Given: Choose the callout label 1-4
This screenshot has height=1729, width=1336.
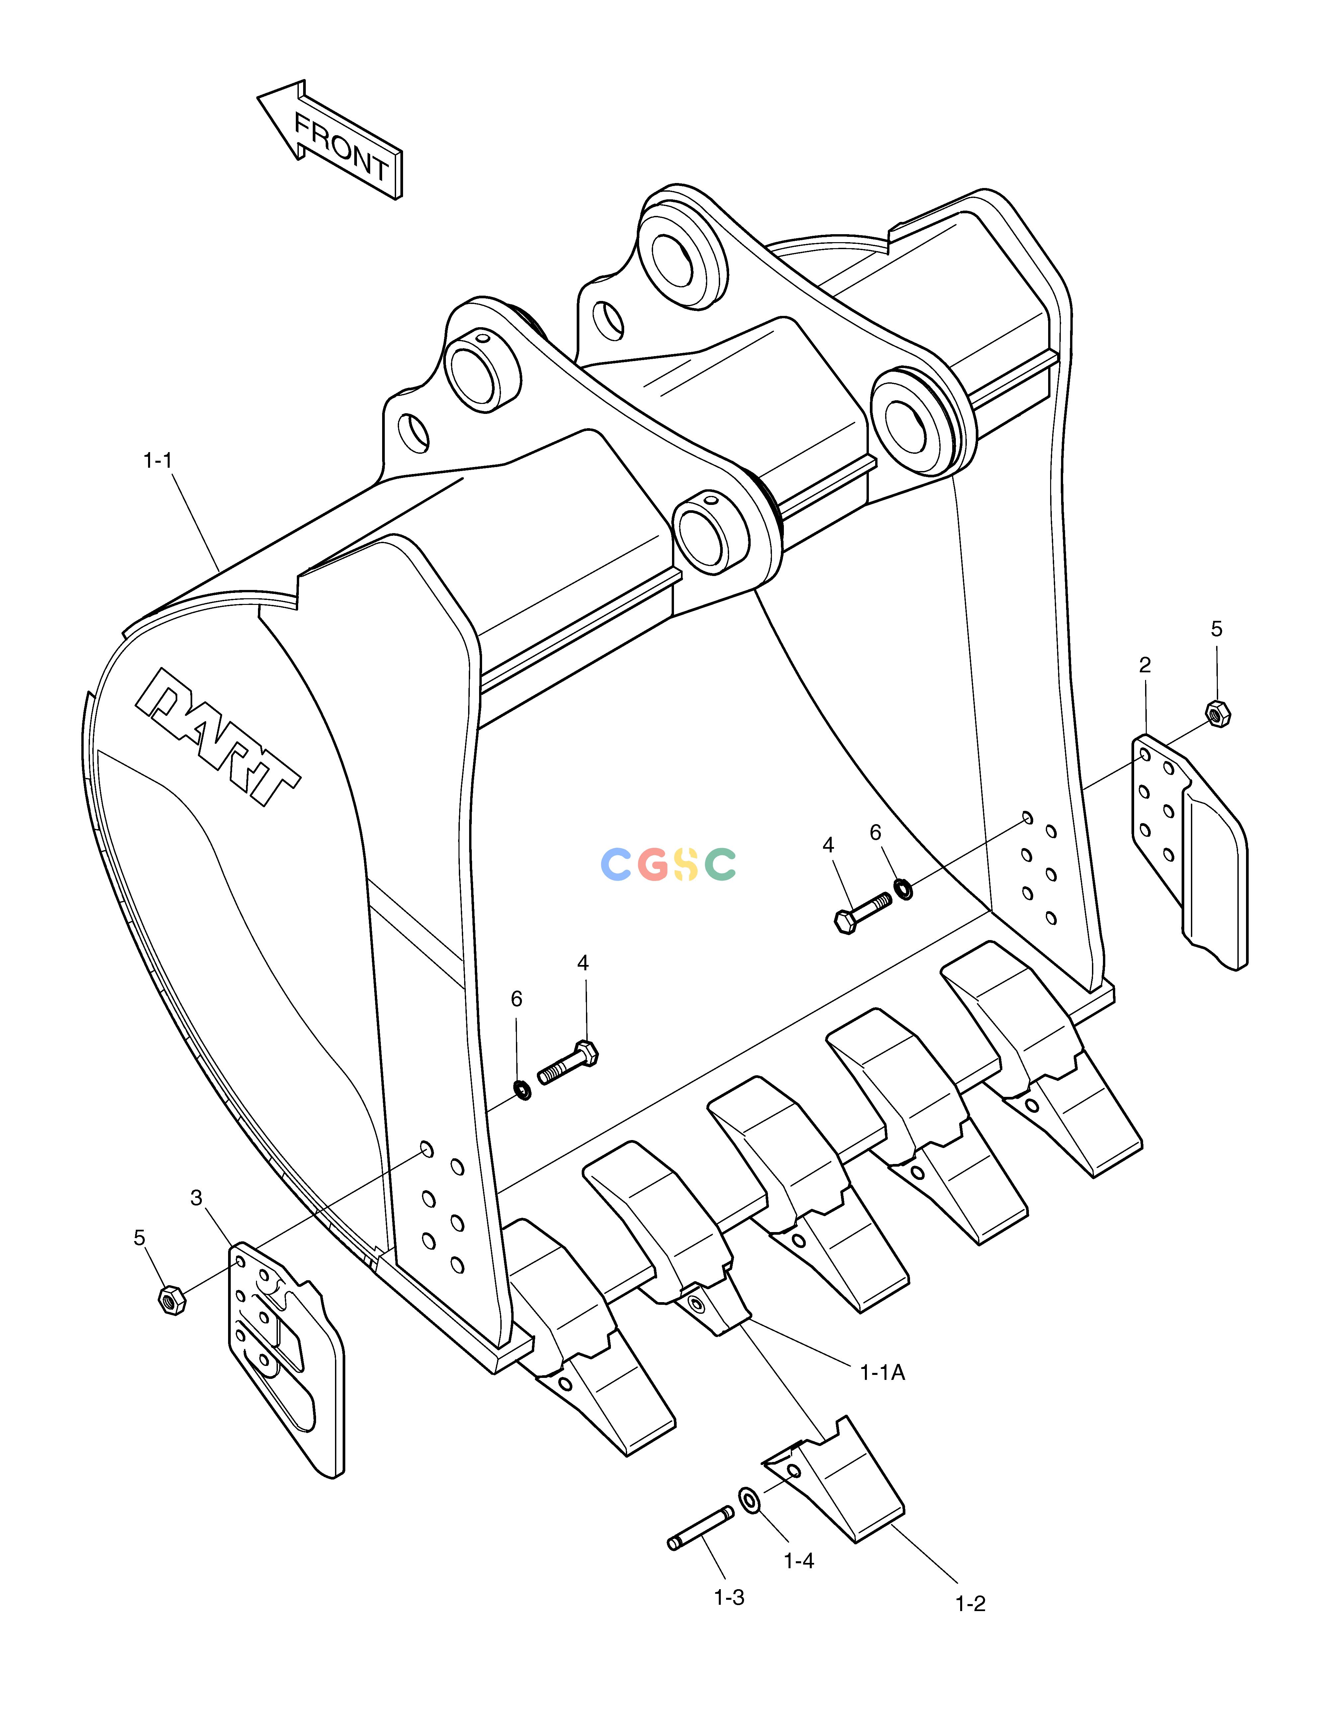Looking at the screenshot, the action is tap(798, 1560).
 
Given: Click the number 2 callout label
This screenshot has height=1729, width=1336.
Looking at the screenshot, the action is tap(1144, 666).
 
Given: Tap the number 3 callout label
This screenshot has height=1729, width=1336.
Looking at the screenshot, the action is tap(196, 1198).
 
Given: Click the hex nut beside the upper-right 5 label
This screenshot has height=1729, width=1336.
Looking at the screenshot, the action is tap(1217, 713).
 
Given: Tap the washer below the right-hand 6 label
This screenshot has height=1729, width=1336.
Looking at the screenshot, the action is tap(902, 888).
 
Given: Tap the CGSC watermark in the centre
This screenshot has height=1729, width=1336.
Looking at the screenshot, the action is tap(669, 864).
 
